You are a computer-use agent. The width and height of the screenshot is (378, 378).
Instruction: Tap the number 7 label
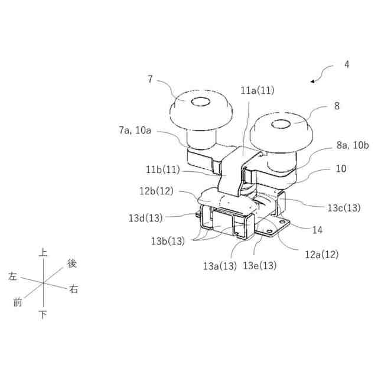[x=150, y=79]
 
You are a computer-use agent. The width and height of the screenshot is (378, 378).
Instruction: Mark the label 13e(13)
[x=260, y=265]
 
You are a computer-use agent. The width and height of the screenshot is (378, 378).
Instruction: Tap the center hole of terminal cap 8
[x=279, y=125]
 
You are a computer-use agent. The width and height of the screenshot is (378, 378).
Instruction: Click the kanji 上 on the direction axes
[x=43, y=252]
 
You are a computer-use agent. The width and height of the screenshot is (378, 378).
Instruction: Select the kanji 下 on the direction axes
[x=43, y=315]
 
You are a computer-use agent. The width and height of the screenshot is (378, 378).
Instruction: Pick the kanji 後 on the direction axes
[x=72, y=262]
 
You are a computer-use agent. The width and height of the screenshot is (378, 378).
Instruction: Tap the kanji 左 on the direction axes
[x=13, y=276]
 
